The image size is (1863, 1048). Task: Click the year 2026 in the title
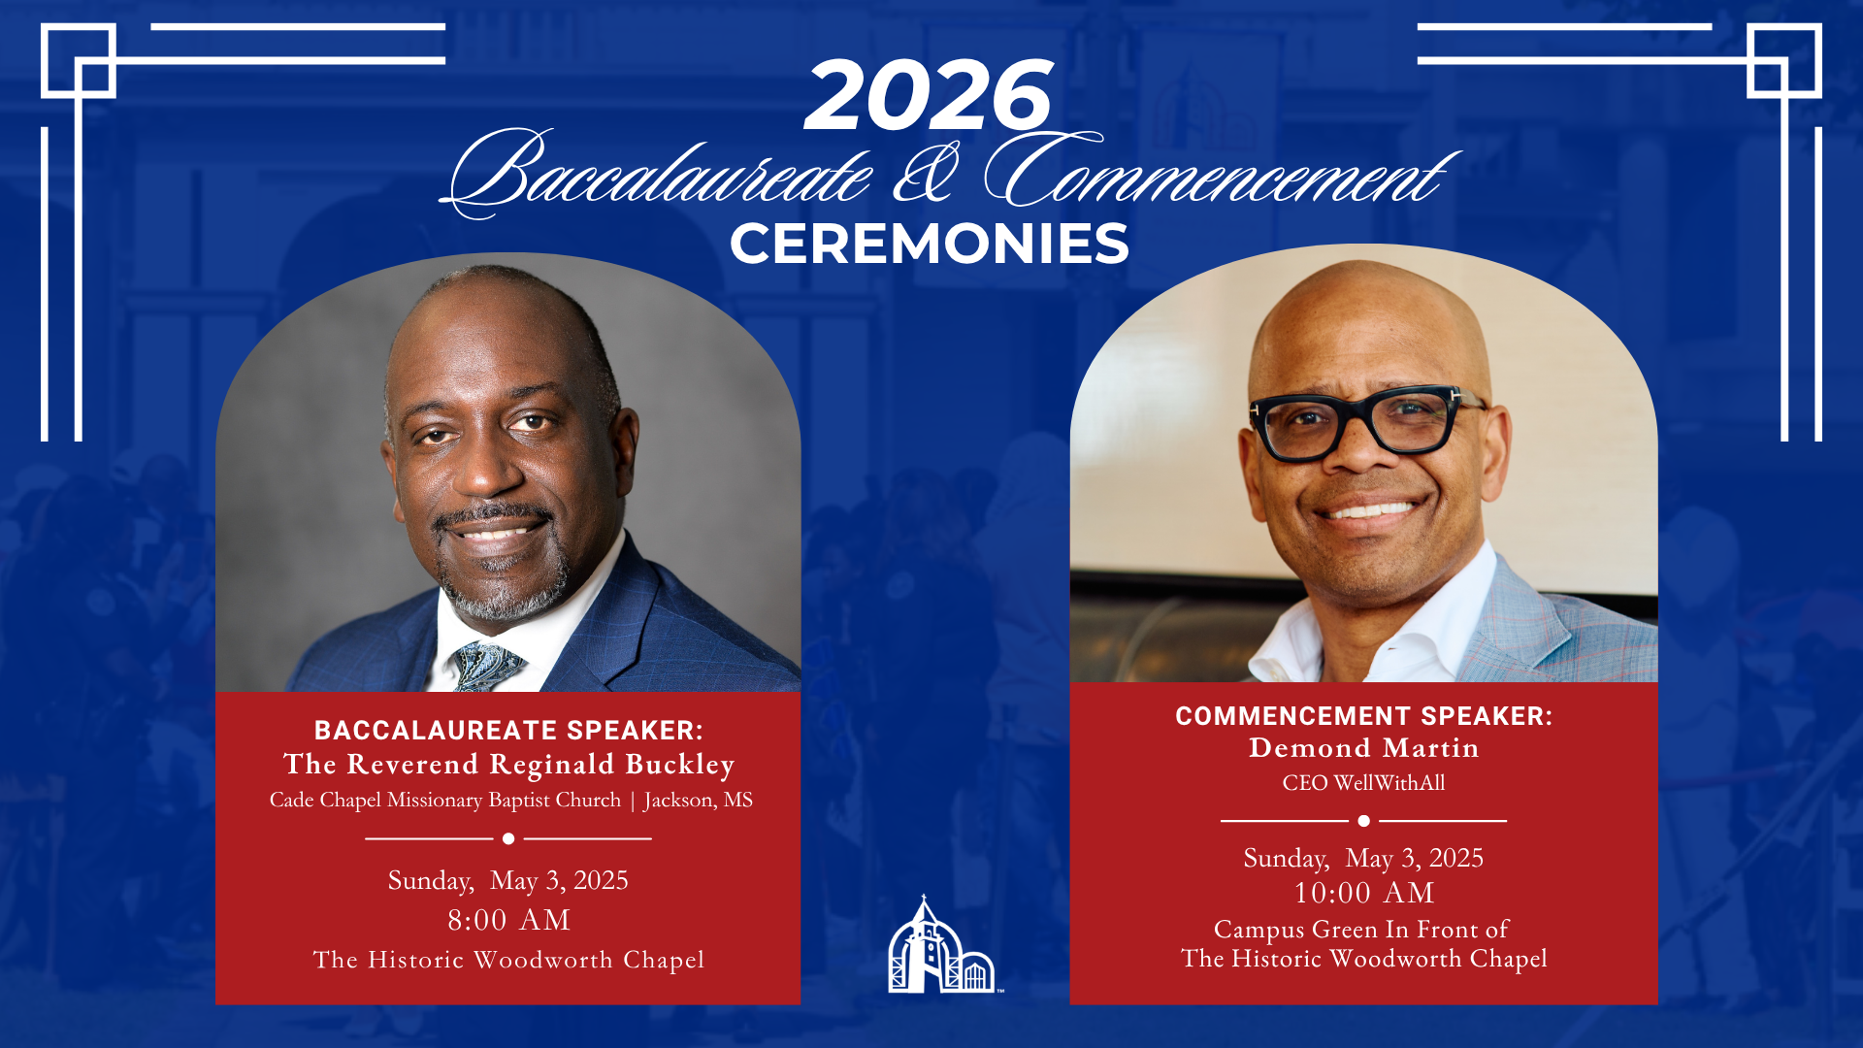pos(929,95)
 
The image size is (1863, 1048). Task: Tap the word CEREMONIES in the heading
pos(930,244)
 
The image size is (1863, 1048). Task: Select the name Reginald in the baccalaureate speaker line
pos(551,765)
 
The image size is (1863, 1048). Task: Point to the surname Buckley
pos(679,765)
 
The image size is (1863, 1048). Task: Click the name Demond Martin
pos(1363,748)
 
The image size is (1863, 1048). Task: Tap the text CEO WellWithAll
pos(1363,783)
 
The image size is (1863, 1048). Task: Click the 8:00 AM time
pos(508,920)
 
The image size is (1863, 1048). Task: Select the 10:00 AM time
pos(1363,893)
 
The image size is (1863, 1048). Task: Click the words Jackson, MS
pos(698,800)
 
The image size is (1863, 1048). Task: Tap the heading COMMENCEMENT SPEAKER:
pos(1363,716)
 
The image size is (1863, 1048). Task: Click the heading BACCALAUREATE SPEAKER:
pos(508,730)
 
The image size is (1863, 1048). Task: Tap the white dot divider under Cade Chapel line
pos(508,838)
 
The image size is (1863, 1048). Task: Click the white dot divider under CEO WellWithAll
pos(1363,821)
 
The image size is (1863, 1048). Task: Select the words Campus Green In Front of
pos(1360,930)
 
